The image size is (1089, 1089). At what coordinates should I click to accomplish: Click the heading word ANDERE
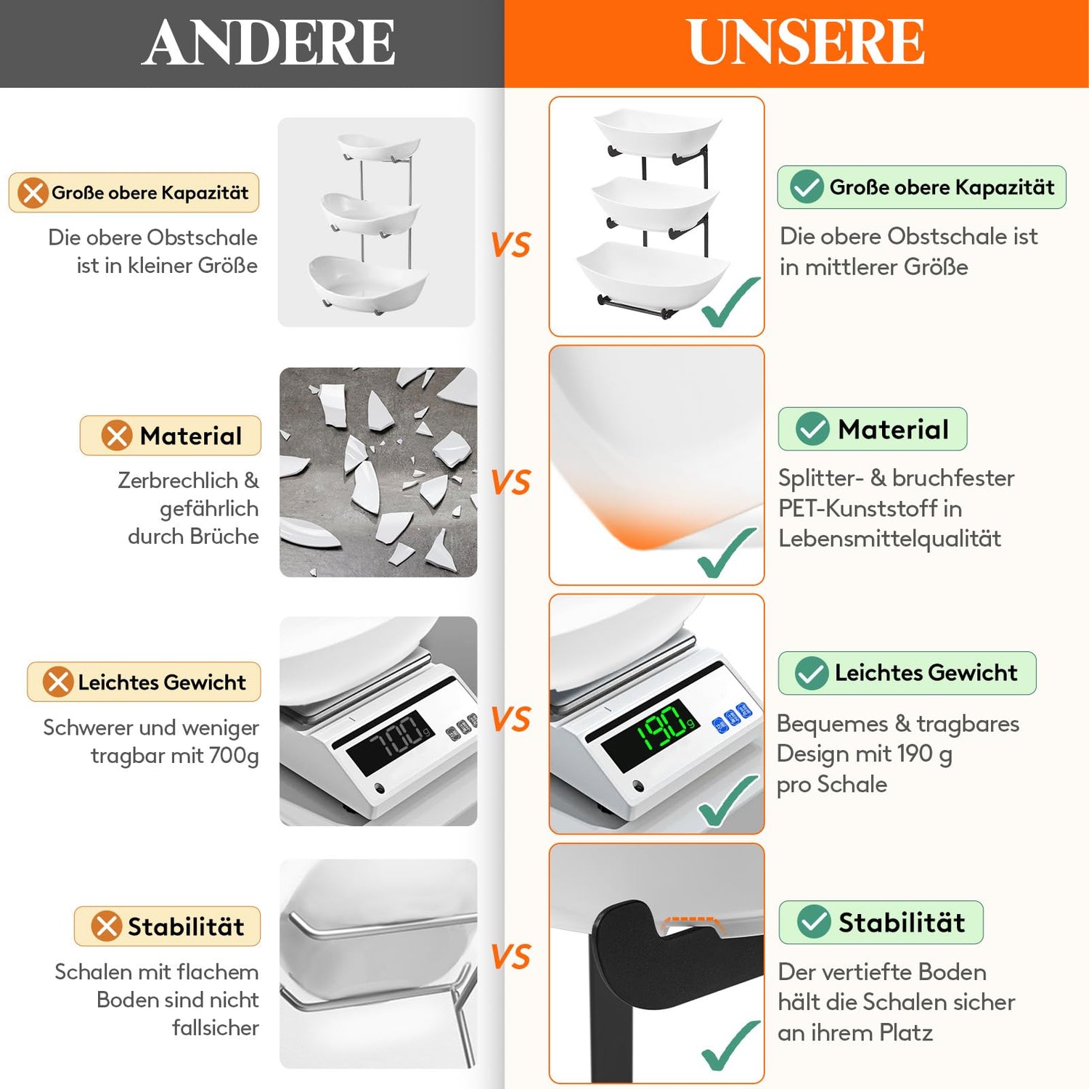click(269, 42)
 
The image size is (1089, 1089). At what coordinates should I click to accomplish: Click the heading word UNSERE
click(806, 41)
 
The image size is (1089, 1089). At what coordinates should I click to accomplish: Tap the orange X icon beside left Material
click(116, 436)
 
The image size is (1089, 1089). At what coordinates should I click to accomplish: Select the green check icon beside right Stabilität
click(814, 922)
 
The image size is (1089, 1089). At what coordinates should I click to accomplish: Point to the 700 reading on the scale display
click(396, 736)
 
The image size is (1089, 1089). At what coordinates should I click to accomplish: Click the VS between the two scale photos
click(511, 719)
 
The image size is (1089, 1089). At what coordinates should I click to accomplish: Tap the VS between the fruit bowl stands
click(511, 245)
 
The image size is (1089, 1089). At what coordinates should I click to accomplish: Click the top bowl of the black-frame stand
click(658, 133)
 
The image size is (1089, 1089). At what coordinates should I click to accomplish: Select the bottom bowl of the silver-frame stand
click(368, 282)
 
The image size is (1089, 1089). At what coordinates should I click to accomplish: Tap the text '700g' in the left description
click(234, 756)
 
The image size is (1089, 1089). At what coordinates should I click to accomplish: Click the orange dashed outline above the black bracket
click(693, 921)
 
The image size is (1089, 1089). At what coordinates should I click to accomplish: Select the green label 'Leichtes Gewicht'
click(907, 673)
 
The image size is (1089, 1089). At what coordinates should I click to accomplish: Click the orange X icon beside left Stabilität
click(106, 926)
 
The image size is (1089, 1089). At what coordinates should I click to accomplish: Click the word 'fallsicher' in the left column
click(215, 1027)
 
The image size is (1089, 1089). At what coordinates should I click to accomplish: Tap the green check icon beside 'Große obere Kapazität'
click(806, 187)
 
